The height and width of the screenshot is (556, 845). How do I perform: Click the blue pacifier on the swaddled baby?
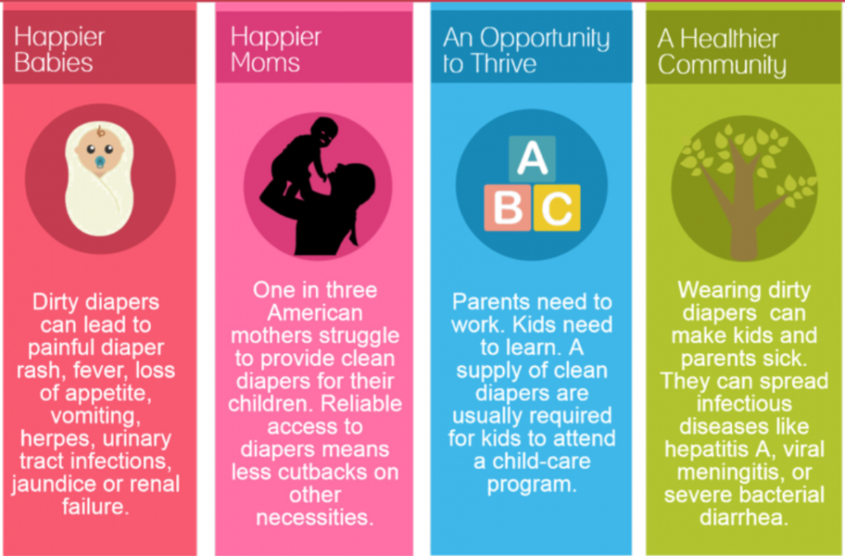(x=100, y=162)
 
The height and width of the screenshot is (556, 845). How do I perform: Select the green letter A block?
(x=532, y=158)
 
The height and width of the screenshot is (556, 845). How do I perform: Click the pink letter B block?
(x=507, y=208)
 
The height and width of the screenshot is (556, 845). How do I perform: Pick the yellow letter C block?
(x=557, y=208)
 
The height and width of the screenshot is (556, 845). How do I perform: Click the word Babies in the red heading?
(x=54, y=63)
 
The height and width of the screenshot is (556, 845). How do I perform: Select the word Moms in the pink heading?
(x=265, y=63)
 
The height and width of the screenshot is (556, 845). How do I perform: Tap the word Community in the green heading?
(x=721, y=66)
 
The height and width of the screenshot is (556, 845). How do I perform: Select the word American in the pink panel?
(x=314, y=313)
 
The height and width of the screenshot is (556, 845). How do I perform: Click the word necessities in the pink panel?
(x=314, y=518)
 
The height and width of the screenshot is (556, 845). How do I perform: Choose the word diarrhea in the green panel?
(x=744, y=518)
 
